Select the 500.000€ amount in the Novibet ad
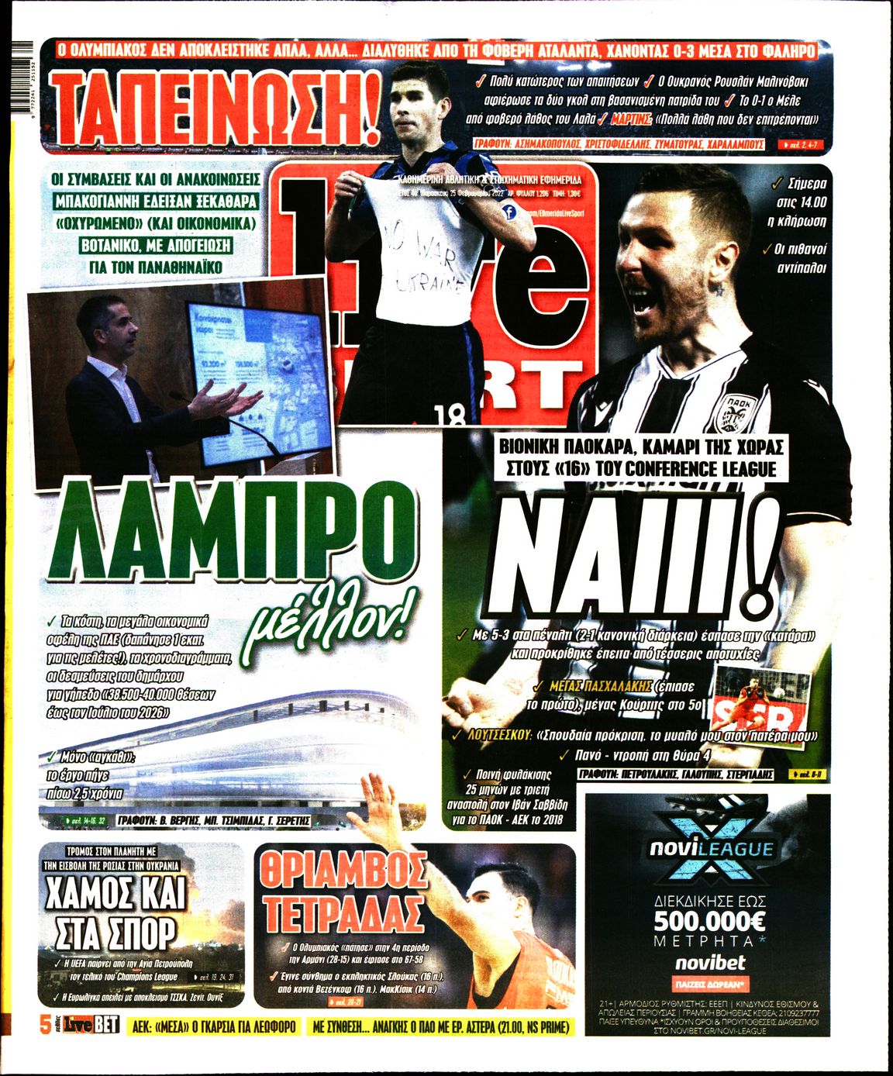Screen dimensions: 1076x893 point(709,921)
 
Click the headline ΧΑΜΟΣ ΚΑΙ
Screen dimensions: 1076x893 point(116,892)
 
